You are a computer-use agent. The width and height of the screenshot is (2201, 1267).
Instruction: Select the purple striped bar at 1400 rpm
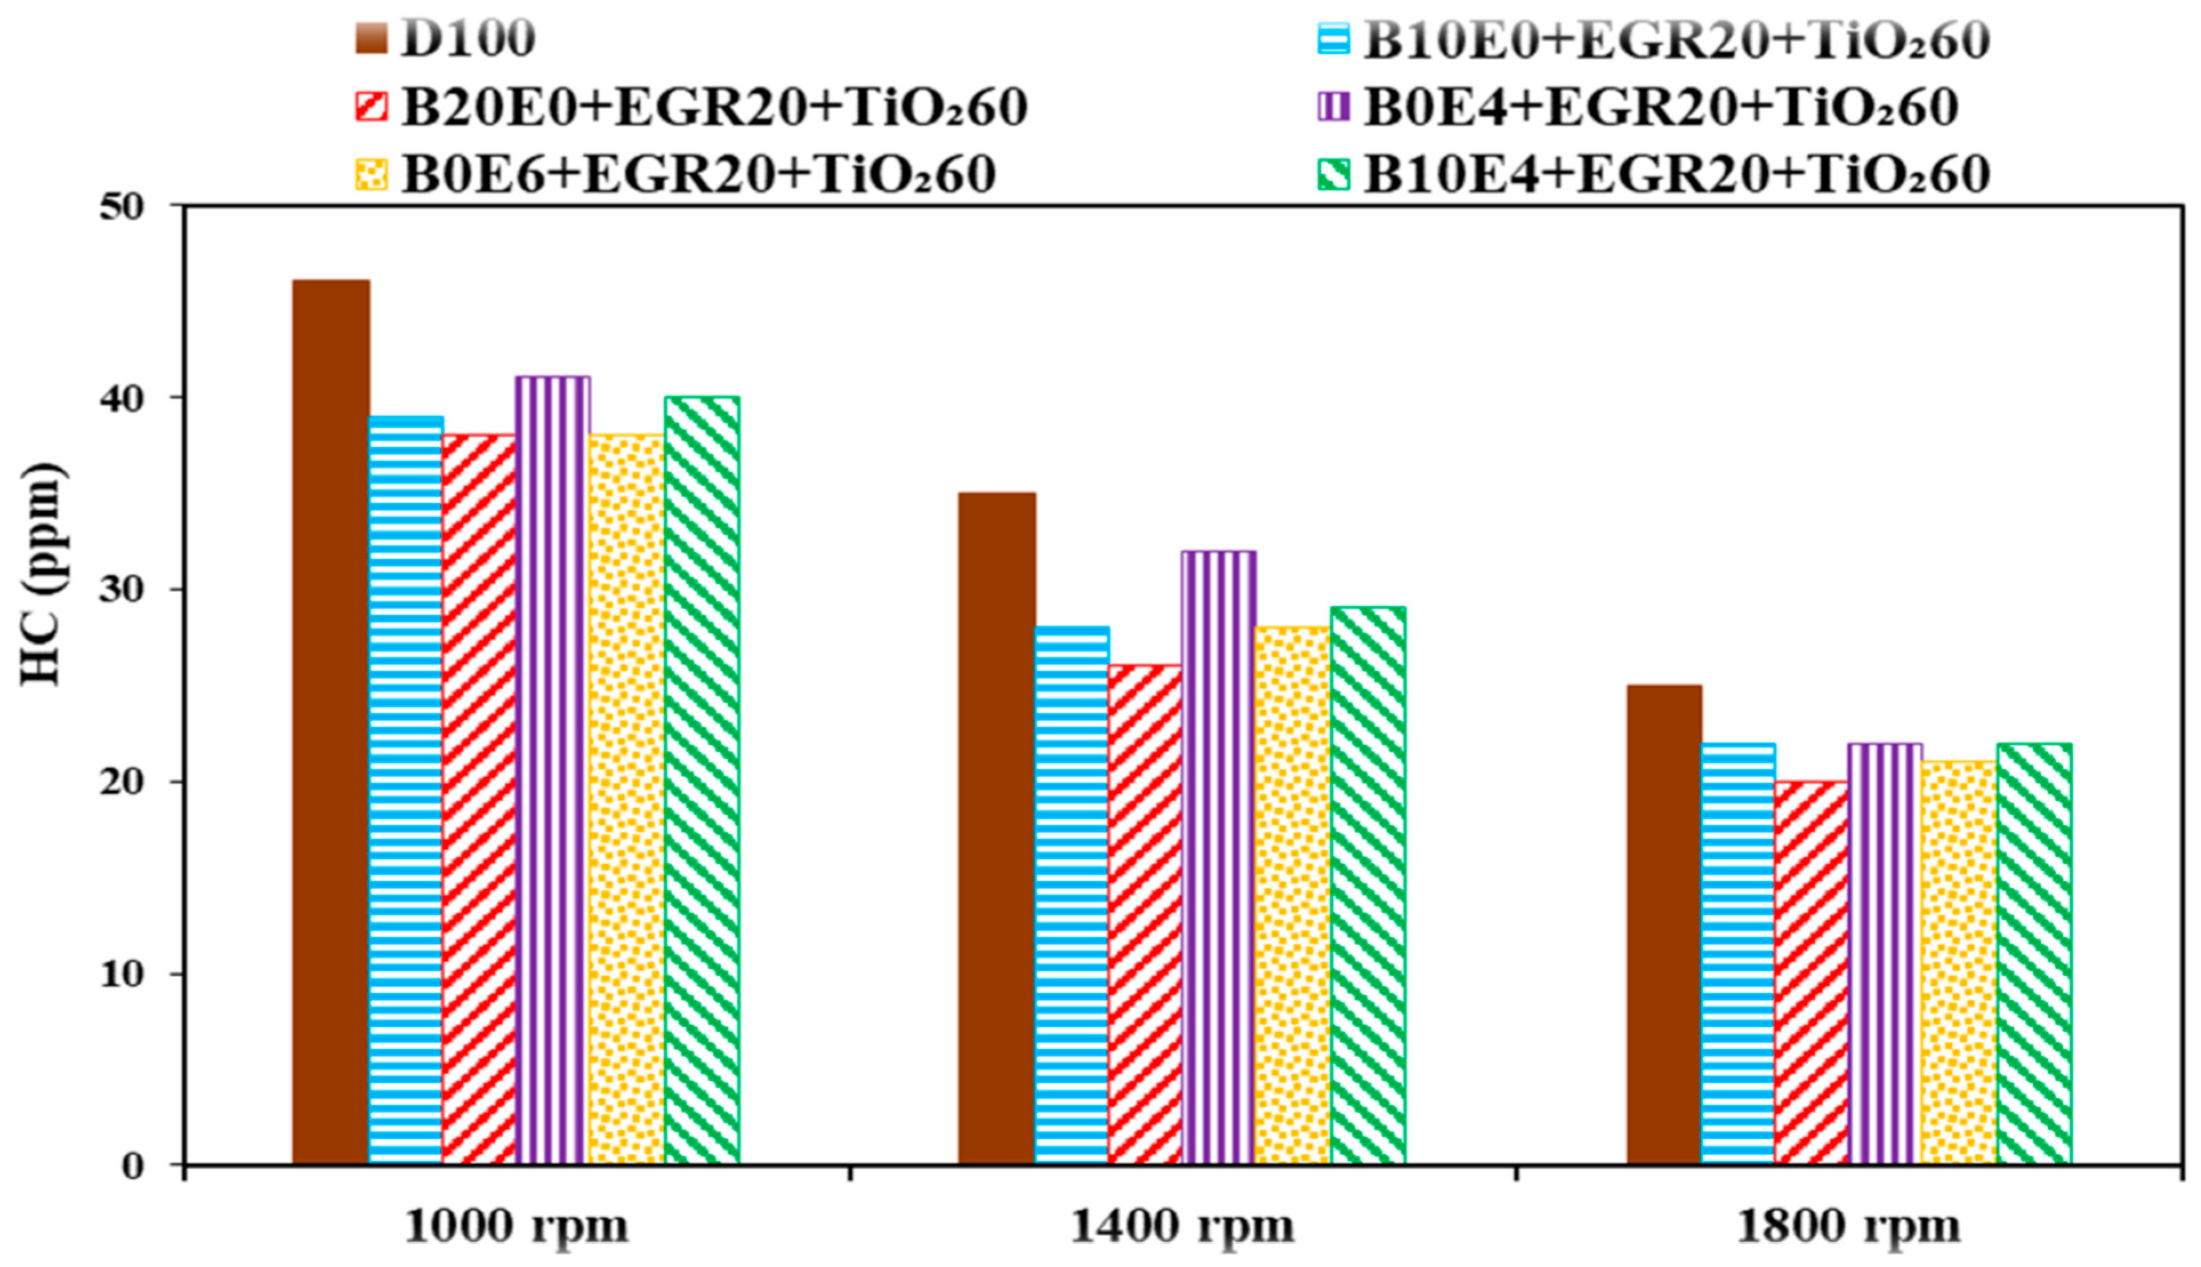[1218, 857]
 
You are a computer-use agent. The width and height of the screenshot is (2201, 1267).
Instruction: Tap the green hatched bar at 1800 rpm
[2034, 953]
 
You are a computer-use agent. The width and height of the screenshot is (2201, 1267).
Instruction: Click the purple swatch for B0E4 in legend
[1333, 107]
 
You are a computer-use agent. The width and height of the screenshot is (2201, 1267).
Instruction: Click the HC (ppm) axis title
[41, 574]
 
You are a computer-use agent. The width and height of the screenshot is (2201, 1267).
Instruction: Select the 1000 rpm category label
[516, 1228]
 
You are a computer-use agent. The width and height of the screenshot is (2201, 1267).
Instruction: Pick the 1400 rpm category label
[1182, 1228]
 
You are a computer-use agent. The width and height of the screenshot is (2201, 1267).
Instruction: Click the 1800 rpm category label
[1849, 1228]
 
